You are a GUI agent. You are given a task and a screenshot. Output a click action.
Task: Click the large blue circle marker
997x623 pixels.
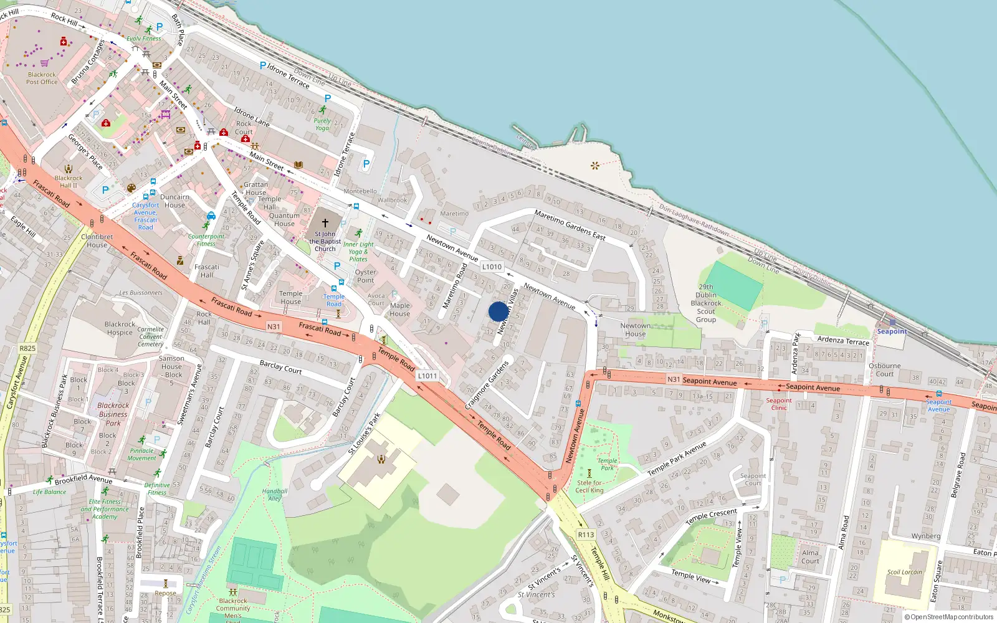pos(499,311)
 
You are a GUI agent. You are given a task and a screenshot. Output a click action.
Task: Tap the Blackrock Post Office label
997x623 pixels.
pos(42,78)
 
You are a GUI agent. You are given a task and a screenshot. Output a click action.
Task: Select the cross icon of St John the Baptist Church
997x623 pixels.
pos(325,222)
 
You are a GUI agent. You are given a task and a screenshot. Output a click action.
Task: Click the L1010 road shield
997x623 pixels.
pos(492,267)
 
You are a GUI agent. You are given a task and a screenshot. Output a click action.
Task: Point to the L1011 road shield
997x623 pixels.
pos(427,376)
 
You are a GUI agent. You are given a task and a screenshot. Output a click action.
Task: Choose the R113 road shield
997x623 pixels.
pos(586,535)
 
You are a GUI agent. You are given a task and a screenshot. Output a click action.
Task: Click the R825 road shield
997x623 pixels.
pos(27,348)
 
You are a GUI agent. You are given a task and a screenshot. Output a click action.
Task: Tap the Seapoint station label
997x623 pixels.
pos(892,331)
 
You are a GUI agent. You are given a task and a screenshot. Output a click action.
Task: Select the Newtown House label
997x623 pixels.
pos(635,330)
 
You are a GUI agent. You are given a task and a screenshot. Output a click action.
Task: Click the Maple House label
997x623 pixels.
pos(399,310)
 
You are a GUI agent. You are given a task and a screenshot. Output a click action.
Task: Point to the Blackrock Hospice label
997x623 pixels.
pos(120,328)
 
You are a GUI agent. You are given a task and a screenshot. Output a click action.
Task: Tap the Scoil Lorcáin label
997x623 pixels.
pos(904,572)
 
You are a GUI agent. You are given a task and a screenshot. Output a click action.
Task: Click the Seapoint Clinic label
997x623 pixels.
pos(779,404)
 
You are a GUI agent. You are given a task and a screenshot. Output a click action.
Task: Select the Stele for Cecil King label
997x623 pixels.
pos(589,487)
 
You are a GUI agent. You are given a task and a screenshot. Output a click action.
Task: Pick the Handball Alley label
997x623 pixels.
pos(275,495)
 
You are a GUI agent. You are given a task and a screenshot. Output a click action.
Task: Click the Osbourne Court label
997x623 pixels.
pos(885,370)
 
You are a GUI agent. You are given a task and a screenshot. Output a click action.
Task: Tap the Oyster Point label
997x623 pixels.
pos(366,276)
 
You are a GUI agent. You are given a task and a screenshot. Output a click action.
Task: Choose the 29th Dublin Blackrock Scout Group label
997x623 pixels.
pos(706,303)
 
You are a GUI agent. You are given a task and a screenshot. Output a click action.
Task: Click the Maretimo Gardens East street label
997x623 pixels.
pos(570,225)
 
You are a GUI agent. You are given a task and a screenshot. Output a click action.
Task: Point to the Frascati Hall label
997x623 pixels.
pos(206,270)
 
